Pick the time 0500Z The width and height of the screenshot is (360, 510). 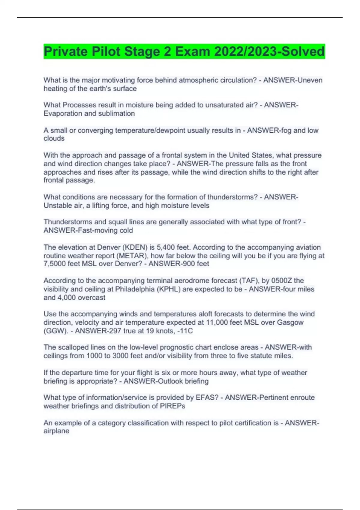pyautogui.click(x=281, y=281)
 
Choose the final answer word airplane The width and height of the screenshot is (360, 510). pyautogui.click(x=56, y=431)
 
